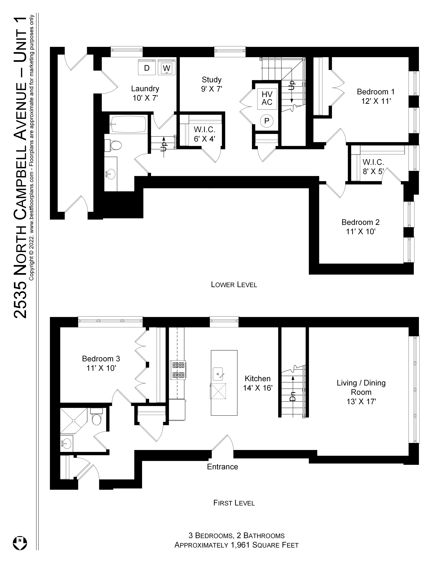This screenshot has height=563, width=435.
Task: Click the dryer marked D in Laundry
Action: pyautogui.click(x=147, y=68)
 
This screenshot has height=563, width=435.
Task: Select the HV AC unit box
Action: pyautogui.click(x=267, y=98)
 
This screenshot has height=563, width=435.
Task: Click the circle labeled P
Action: pyautogui.click(x=267, y=121)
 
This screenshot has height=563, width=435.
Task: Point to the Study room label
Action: pyautogui.click(x=212, y=80)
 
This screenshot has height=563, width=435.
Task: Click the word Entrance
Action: pyautogui.click(x=222, y=467)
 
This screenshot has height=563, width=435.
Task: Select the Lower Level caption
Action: pyautogui.click(x=234, y=285)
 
